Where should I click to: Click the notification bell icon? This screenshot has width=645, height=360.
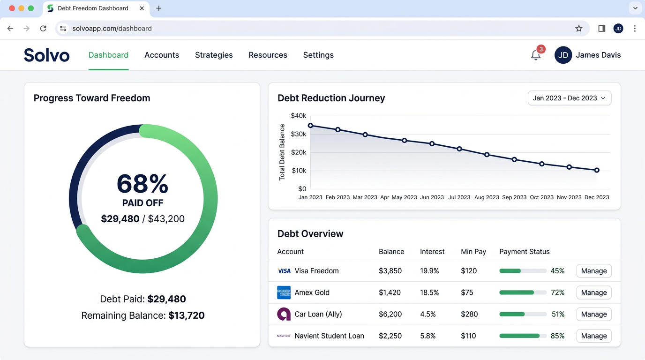(x=536, y=55)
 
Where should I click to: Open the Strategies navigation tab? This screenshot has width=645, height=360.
(x=214, y=55)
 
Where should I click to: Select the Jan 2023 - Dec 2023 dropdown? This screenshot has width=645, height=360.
(x=569, y=98)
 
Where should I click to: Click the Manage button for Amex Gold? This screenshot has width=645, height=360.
(x=593, y=292)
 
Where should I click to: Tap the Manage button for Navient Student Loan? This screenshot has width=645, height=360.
(x=593, y=336)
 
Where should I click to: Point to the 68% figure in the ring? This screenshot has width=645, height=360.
(x=142, y=184)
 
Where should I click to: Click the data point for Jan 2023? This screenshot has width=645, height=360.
(x=310, y=126)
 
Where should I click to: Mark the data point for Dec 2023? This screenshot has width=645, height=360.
(x=597, y=170)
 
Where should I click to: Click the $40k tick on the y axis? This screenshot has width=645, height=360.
(x=298, y=116)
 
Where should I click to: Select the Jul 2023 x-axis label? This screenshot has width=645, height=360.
(x=459, y=197)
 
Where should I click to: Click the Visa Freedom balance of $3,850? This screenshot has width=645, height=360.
(x=390, y=271)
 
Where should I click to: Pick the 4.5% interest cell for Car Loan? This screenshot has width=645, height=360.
(x=427, y=314)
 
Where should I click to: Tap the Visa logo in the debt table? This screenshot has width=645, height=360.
(x=284, y=271)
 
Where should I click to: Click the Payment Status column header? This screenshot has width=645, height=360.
(x=524, y=252)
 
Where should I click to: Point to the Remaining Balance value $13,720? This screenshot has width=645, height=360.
(x=186, y=315)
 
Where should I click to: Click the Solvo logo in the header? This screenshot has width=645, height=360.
(x=47, y=55)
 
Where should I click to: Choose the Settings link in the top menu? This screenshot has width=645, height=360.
(x=318, y=55)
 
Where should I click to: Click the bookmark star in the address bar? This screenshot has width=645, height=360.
(x=579, y=29)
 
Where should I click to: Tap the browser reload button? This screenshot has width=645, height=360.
(x=43, y=29)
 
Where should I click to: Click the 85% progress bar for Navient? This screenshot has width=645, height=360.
(x=523, y=336)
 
